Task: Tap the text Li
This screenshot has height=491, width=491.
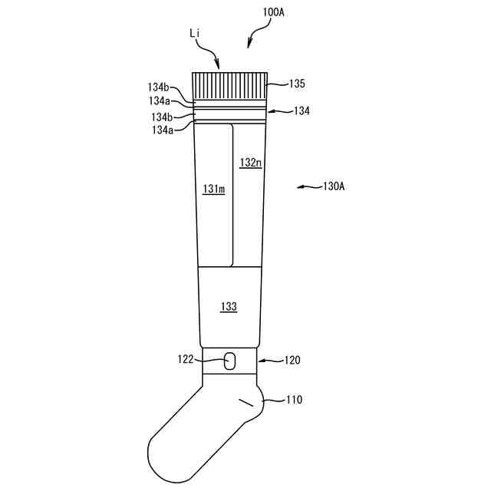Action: tap(196, 35)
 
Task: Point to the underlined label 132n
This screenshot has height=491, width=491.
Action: tap(250, 163)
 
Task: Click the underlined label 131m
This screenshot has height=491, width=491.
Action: tap(213, 189)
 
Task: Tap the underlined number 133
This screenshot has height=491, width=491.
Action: tap(229, 306)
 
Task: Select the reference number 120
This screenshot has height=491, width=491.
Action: tap(292, 359)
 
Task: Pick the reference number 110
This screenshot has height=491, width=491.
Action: tap(294, 399)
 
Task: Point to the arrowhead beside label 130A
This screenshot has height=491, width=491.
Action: tap(300, 186)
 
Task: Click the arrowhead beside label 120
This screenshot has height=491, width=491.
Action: tap(262, 360)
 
